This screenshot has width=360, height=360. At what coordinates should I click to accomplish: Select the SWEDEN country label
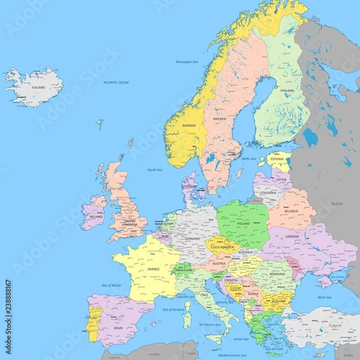coord(218,118)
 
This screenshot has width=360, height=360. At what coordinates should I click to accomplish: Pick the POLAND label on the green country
coord(243,223)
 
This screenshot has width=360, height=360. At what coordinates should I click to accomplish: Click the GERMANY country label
coord(193,238)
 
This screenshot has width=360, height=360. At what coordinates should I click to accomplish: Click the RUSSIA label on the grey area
coord(337,204)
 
